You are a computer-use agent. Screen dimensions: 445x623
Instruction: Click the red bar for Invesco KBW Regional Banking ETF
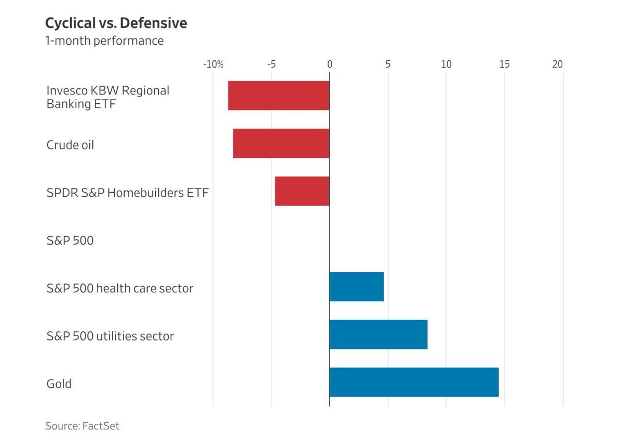click(279, 96)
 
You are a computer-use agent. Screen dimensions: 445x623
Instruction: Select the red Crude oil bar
click(281, 143)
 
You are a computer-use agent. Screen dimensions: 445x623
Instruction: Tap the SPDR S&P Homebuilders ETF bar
click(302, 191)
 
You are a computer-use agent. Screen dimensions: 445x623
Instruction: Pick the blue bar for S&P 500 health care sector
click(357, 287)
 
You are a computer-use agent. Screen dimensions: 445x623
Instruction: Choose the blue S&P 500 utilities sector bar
click(378, 334)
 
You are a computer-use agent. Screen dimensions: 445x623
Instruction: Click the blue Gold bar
click(414, 382)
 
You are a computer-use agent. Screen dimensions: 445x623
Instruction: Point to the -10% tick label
click(213, 64)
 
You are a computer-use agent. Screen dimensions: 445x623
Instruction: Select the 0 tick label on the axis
click(330, 64)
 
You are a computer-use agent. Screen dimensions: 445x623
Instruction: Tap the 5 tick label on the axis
click(388, 64)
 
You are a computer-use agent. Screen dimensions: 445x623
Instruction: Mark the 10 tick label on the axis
click(446, 64)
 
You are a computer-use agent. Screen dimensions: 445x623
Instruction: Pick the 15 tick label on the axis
click(504, 64)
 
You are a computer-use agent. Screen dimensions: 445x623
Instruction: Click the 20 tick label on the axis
click(557, 64)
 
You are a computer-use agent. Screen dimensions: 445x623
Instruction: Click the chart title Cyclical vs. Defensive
click(116, 23)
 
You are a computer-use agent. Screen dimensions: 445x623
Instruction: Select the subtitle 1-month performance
click(104, 41)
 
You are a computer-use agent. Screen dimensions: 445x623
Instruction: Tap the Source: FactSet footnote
click(82, 426)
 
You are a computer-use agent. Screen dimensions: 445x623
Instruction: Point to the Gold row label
click(59, 384)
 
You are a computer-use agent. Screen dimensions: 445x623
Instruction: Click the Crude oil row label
click(70, 145)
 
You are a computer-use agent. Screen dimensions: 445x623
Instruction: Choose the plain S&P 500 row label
click(70, 241)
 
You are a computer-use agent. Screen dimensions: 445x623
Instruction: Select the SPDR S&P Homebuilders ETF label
click(127, 193)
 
